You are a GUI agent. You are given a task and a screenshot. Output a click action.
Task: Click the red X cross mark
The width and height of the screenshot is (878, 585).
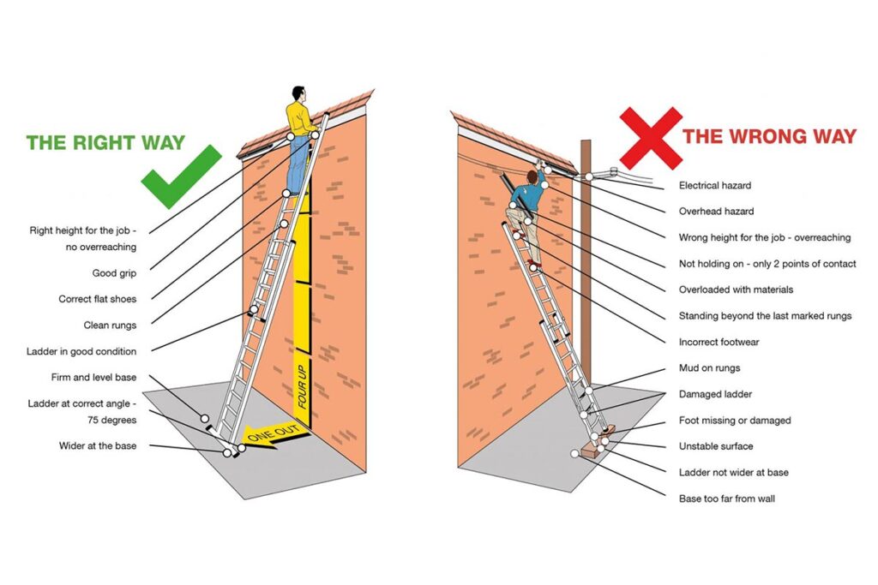coord(651,137)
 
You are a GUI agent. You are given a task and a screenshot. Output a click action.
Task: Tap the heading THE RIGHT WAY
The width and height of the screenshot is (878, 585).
coord(105,142)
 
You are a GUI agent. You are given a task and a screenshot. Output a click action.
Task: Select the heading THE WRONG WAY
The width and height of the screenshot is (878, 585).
coord(768,136)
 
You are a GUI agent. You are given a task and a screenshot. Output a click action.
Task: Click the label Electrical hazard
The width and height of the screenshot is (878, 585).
coord(715,186)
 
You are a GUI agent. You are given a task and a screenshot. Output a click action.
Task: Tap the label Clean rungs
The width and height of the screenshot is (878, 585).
coord(110,325)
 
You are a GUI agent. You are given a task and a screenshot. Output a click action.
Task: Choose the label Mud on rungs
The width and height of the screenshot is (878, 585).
coord(709,368)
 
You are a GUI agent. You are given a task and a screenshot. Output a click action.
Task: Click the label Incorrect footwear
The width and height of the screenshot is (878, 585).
coord(719,343)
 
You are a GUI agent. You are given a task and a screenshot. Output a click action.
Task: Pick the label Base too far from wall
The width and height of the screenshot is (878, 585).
coord(726,498)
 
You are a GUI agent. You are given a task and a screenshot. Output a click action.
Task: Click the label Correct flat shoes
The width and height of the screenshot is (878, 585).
coord(97,300)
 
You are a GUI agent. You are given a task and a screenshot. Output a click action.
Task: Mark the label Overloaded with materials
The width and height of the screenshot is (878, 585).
coord(736,290)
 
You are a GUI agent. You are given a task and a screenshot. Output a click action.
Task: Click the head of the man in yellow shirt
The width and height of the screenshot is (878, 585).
coord(298,93)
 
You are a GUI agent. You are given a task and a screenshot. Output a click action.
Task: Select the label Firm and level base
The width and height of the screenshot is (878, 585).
coord(93,378)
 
